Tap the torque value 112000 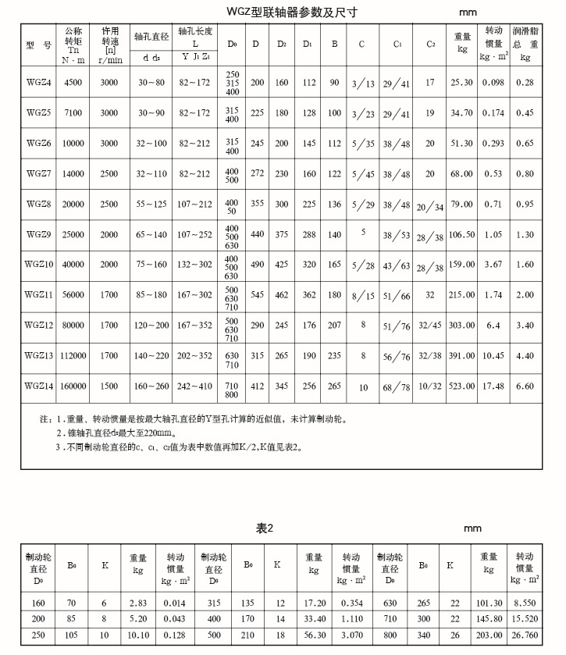[73, 356]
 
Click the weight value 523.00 [463, 386]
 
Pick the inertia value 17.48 [493, 386]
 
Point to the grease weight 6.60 [525, 386]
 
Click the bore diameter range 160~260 [151, 386]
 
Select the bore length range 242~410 [195, 386]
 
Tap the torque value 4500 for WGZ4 [73, 82]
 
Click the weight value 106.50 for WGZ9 [463, 234]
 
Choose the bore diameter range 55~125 [151, 204]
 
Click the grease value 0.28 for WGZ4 [525, 82]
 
